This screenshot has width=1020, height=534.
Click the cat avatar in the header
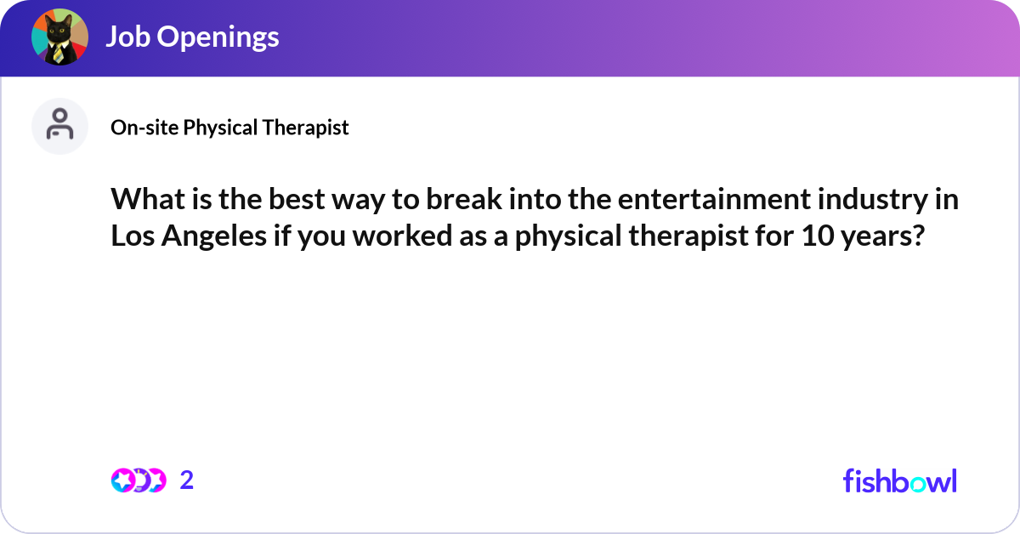[x=59, y=37]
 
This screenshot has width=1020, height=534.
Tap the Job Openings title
[x=192, y=37]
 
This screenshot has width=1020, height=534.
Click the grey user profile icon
[x=59, y=126]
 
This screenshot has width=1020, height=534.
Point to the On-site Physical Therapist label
[x=229, y=128]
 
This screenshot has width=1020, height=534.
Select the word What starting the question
[x=145, y=201]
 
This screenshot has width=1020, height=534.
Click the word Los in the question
[x=130, y=236]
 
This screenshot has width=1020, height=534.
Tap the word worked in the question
[x=398, y=236]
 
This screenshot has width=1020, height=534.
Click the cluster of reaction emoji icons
[x=139, y=480]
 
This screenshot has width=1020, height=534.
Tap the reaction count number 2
[x=187, y=480]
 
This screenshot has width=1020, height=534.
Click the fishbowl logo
[x=899, y=480]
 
